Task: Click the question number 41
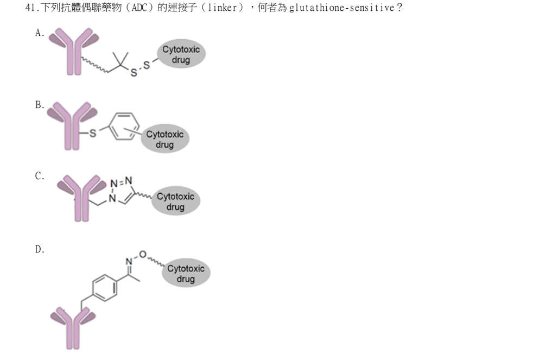click(x=30, y=8)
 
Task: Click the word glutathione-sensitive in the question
click(x=341, y=8)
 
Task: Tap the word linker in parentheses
click(x=222, y=8)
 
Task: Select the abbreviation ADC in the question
click(x=139, y=8)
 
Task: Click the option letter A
click(x=40, y=33)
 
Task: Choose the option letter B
click(x=40, y=105)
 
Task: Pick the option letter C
click(x=40, y=176)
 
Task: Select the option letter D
click(x=40, y=249)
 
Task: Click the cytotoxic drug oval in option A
click(x=181, y=54)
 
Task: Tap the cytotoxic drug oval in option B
click(x=165, y=139)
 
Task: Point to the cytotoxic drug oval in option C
click(x=176, y=201)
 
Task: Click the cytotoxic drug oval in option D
click(x=186, y=273)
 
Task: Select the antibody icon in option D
click(x=73, y=329)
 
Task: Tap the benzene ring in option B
click(x=124, y=126)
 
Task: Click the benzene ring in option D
click(x=105, y=288)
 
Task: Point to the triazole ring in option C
click(x=122, y=191)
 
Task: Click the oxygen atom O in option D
click(x=143, y=255)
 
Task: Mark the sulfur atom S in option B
click(x=93, y=133)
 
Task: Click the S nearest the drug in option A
click(x=147, y=65)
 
